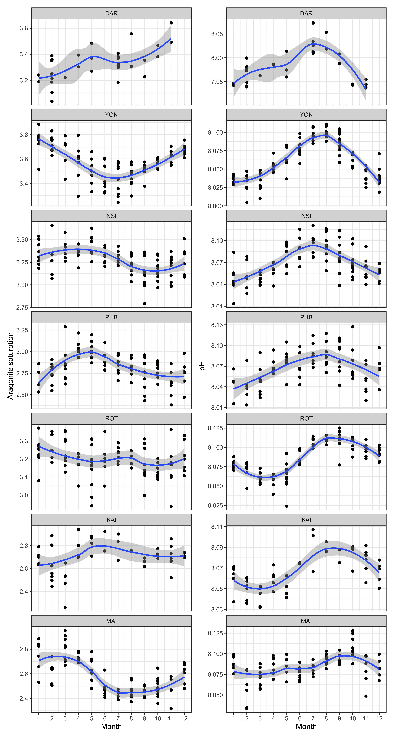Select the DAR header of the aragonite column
111,13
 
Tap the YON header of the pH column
306,115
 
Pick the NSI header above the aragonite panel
111,216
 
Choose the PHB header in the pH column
306,317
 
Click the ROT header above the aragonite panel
111,419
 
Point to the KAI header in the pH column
306,520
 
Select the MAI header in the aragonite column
111,621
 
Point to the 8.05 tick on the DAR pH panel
217,34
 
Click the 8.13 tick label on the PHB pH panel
217,325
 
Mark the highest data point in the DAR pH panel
313,23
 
